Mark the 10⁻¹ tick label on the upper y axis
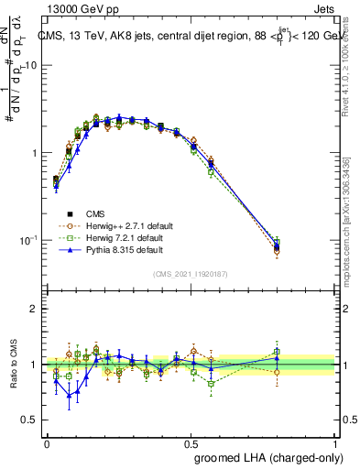[x=26, y=240]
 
